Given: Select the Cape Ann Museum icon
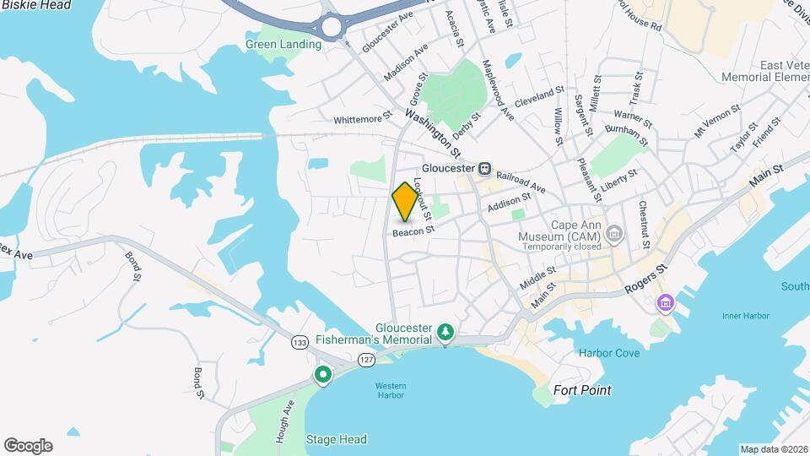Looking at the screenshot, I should [613, 232].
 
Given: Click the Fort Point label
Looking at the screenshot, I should [582, 390].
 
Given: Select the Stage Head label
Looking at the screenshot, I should [336, 439].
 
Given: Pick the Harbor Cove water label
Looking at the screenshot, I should [609, 353].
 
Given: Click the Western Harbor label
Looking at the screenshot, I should [391, 391].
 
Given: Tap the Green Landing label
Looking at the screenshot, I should [283, 44].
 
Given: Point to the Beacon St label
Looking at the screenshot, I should [413, 230].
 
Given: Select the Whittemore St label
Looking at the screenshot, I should [363, 119].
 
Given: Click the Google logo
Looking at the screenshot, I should [28, 446].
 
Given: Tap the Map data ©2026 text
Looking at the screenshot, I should [773, 449].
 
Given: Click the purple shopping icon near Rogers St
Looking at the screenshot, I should [667, 301].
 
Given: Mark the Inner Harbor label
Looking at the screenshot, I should [746, 316].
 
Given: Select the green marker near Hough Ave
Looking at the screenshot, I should [322, 375].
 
